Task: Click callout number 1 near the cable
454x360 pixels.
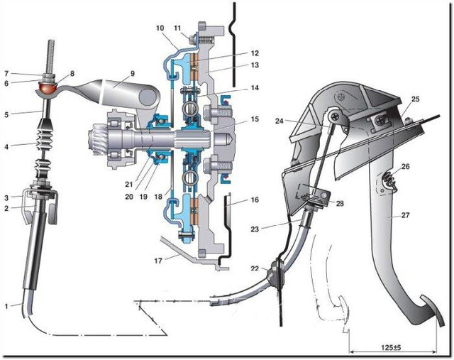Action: (x=7, y=305)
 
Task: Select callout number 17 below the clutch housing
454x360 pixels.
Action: (x=160, y=261)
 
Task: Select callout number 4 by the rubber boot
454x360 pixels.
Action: (x=7, y=147)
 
